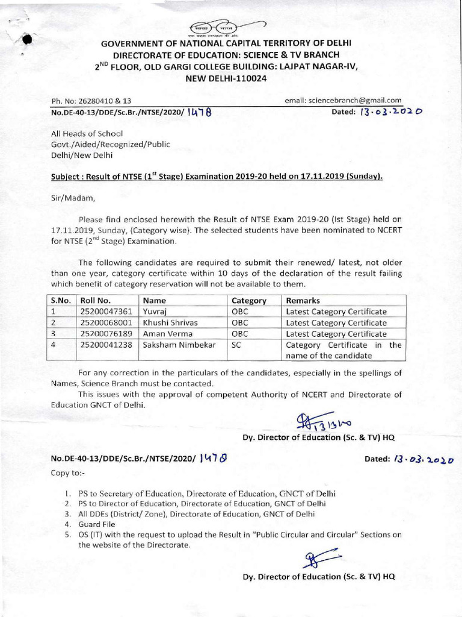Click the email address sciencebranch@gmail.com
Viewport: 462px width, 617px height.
[x=343, y=101]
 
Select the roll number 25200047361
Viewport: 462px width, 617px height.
[x=106, y=312]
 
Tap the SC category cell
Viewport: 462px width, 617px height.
[x=236, y=345]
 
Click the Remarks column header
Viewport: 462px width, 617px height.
[x=303, y=300]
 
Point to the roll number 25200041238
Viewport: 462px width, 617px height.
[x=106, y=345]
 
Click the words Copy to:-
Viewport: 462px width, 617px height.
[x=68, y=473]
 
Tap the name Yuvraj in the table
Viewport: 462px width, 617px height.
[x=153, y=312]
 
